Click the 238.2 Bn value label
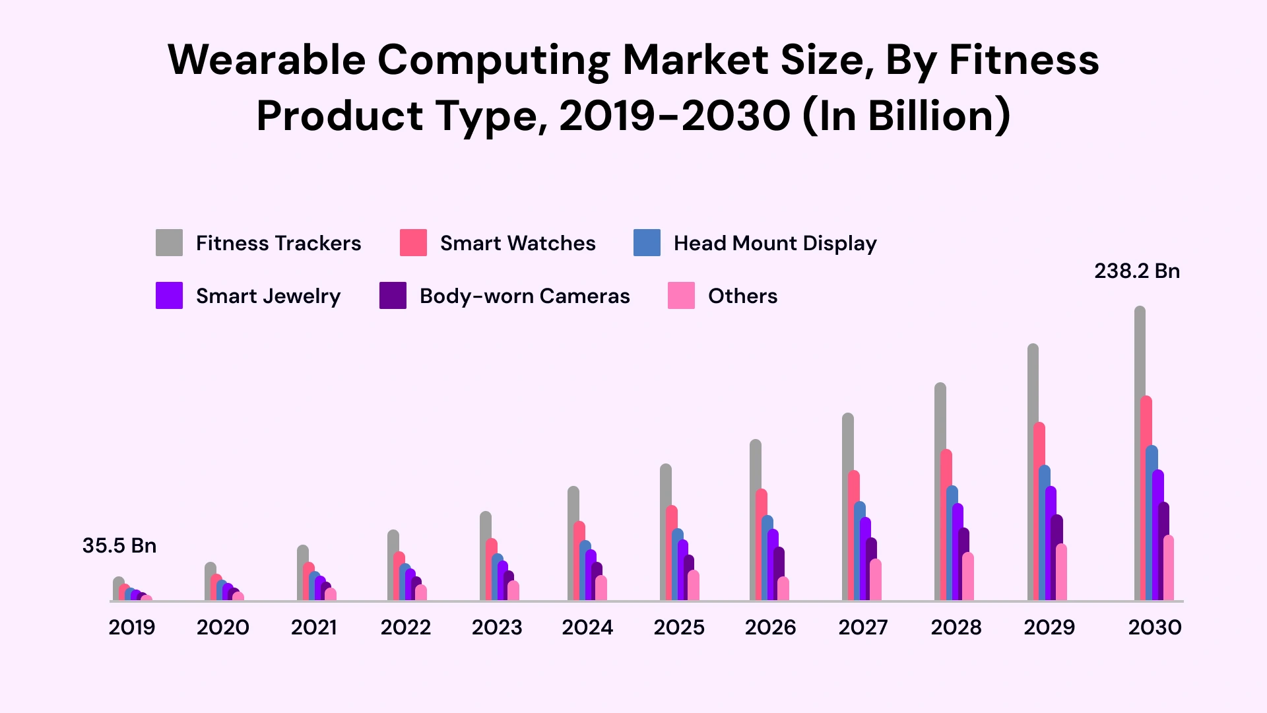[x=1136, y=271]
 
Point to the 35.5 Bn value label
[x=119, y=546]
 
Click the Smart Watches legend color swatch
[x=413, y=243]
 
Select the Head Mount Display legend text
[x=775, y=244]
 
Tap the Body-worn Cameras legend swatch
[x=393, y=296]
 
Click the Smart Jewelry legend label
[x=268, y=296]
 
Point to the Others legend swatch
[x=681, y=296]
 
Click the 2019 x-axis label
[x=132, y=627]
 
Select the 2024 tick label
[x=587, y=627]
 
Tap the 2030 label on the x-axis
[x=1154, y=627]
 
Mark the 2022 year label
[x=405, y=627]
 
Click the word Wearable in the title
[x=267, y=60]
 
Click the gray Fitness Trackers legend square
[x=169, y=243]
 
